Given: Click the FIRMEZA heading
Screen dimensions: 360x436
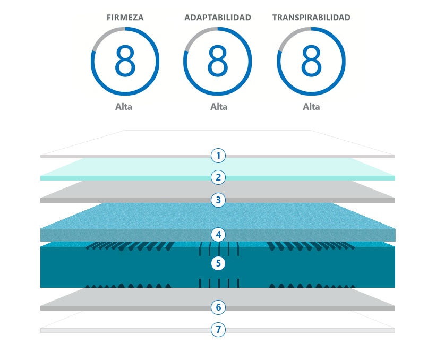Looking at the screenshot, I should pyautogui.click(x=125, y=18).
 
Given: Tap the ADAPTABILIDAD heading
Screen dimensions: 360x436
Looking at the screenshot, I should pyautogui.click(x=218, y=18).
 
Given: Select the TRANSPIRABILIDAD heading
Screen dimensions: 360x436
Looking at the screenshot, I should pyautogui.click(x=311, y=18).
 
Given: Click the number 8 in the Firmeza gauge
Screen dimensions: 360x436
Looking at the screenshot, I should pyautogui.click(x=125, y=61).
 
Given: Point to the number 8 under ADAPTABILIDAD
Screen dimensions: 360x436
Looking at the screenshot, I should pyautogui.click(x=218, y=61).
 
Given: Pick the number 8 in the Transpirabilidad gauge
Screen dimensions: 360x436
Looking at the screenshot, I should pyautogui.click(x=311, y=61).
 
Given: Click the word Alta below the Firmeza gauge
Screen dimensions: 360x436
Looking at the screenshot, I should pyautogui.click(x=124, y=106).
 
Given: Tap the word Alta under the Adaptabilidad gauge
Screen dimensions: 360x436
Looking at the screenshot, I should pyautogui.click(x=218, y=106).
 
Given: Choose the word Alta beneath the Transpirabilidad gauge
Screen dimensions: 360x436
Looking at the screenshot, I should pyautogui.click(x=311, y=106).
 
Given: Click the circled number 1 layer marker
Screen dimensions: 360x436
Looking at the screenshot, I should pyautogui.click(x=218, y=156).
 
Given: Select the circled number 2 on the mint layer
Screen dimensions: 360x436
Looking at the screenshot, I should pyautogui.click(x=218, y=177).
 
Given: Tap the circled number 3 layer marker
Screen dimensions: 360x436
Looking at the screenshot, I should pyautogui.click(x=218, y=200).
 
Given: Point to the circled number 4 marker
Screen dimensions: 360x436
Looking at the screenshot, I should pyautogui.click(x=218, y=234).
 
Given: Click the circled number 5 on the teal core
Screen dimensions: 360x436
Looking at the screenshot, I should pyautogui.click(x=218, y=263).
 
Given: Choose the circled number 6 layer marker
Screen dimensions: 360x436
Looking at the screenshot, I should pyautogui.click(x=218, y=307).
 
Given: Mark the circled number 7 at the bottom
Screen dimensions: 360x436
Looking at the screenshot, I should pyautogui.click(x=218, y=330).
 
